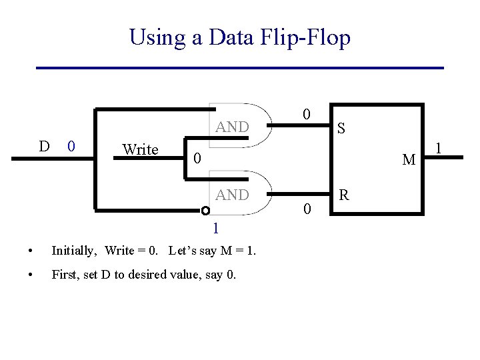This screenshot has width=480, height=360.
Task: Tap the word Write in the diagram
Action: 140,149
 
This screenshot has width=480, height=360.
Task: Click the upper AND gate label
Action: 232,127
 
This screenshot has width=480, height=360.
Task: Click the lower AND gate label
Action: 232,195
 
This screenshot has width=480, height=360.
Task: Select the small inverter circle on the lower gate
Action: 206,211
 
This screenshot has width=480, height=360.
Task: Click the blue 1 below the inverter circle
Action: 215,229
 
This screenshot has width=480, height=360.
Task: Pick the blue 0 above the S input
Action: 306,114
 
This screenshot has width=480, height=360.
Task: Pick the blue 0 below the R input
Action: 306,209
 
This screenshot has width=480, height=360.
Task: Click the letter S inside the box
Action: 341,127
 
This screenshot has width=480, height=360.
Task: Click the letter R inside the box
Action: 344,195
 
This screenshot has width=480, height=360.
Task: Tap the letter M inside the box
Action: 409,160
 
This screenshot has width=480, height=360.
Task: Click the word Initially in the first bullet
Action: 73,251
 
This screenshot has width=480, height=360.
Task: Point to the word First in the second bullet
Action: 64,274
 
